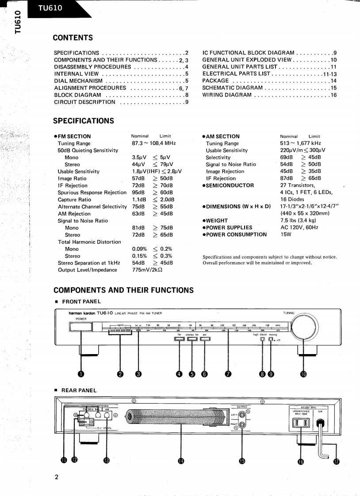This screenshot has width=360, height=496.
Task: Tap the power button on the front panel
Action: pos(80,327)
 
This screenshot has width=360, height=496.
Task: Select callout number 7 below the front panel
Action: pos(228,374)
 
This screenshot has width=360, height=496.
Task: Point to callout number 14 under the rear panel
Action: pos(180,461)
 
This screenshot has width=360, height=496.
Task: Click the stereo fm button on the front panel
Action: pos(192,340)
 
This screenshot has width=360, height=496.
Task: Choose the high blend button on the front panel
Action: pos(263,340)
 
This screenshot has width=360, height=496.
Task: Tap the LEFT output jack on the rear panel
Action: pos(242,414)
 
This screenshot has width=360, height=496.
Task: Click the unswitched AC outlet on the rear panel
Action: pos(301,424)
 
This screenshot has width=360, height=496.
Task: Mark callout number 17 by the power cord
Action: pos(336,461)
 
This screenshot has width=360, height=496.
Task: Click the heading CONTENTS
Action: pos(73,38)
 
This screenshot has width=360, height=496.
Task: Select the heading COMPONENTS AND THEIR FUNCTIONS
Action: pos(123,290)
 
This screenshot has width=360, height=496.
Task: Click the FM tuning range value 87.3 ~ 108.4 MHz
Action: pos(154,143)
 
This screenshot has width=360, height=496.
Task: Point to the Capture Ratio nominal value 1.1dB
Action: pos(139,199)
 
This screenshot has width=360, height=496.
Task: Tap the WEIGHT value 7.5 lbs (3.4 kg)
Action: pos(298,221)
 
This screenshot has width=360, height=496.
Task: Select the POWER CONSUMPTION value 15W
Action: pos(286,235)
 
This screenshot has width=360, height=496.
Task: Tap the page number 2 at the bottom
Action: pos(56,477)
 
